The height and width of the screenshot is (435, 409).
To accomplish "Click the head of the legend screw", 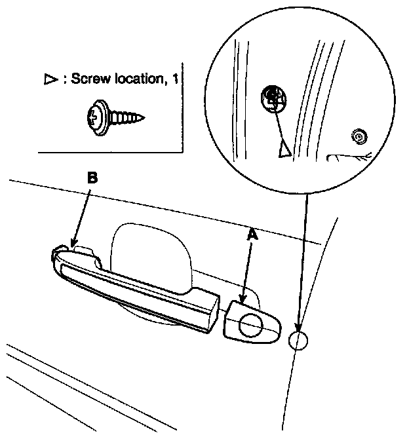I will click(x=95, y=118).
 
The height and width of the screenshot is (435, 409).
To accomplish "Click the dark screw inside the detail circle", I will click(x=273, y=97).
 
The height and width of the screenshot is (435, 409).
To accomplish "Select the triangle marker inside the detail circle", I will click(x=284, y=150).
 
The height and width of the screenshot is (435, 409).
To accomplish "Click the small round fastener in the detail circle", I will click(x=358, y=137).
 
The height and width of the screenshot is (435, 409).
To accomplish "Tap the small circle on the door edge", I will click(x=298, y=341).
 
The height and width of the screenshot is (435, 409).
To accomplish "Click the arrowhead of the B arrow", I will click(x=73, y=244).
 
